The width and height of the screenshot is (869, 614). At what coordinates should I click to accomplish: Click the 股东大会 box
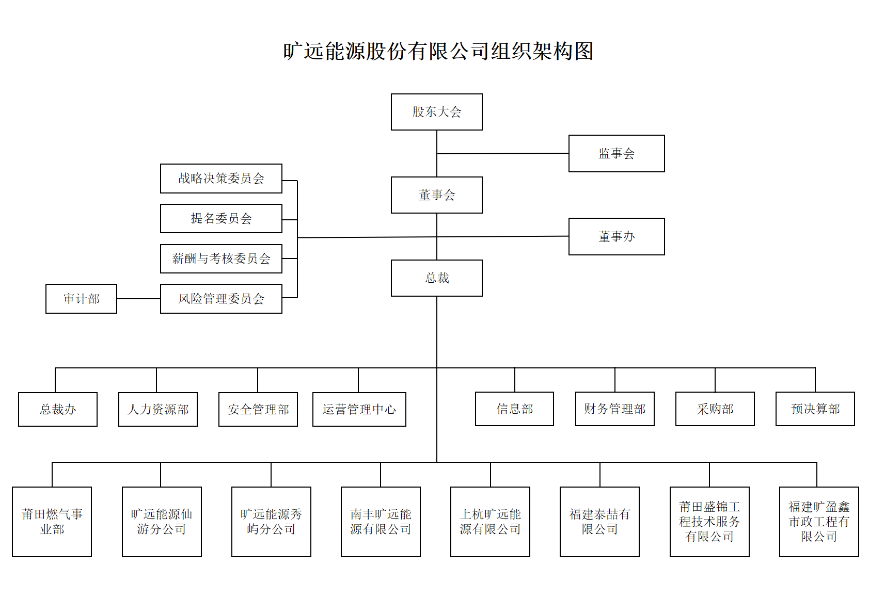pyautogui.click(x=436, y=112)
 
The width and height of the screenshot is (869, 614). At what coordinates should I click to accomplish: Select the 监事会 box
pyautogui.click(x=616, y=153)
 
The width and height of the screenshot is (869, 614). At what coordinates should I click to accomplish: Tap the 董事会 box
pyautogui.click(x=436, y=195)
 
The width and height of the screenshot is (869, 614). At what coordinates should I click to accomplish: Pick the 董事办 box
pyautogui.click(x=616, y=236)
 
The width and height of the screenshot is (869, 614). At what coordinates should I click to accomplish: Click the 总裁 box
pyautogui.click(x=436, y=278)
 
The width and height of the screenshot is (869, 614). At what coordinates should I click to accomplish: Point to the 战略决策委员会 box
pyautogui.click(x=221, y=179)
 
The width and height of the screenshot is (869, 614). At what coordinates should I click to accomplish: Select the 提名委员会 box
pyautogui.click(x=221, y=218)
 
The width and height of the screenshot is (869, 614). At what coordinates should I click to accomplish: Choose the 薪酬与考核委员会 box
pyautogui.click(x=221, y=258)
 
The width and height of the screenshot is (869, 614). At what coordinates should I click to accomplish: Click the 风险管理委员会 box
pyautogui.click(x=221, y=299)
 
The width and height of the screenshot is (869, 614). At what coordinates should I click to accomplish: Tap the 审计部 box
pyautogui.click(x=81, y=299)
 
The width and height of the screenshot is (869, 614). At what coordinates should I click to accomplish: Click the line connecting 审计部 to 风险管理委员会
pyautogui.click(x=138, y=299)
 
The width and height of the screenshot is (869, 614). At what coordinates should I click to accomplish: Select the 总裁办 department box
pyautogui.click(x=58, y=409)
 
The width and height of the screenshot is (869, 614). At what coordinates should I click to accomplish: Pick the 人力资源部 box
pyautogui.click(x=158, y=409)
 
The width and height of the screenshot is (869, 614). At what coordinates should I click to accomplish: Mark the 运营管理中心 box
pyautogui.click(x=359, y=409)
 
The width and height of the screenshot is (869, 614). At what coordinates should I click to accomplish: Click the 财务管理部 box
pyautogui.click(x=614, y=409)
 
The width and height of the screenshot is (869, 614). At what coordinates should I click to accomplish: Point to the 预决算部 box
pyautogui.click(x=815, y=409)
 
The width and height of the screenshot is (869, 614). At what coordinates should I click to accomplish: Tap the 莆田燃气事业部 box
pyautogui.click(x=52, y=522)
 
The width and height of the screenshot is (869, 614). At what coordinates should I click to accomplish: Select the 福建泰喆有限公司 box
pyautogui.click(x=599, y=522)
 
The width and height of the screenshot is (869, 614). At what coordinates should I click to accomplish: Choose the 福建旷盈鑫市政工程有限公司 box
pyautogui.click(x=818, y=522)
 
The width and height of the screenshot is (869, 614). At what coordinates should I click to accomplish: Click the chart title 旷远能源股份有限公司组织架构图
pyautogui.click(x=438, y=51)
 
